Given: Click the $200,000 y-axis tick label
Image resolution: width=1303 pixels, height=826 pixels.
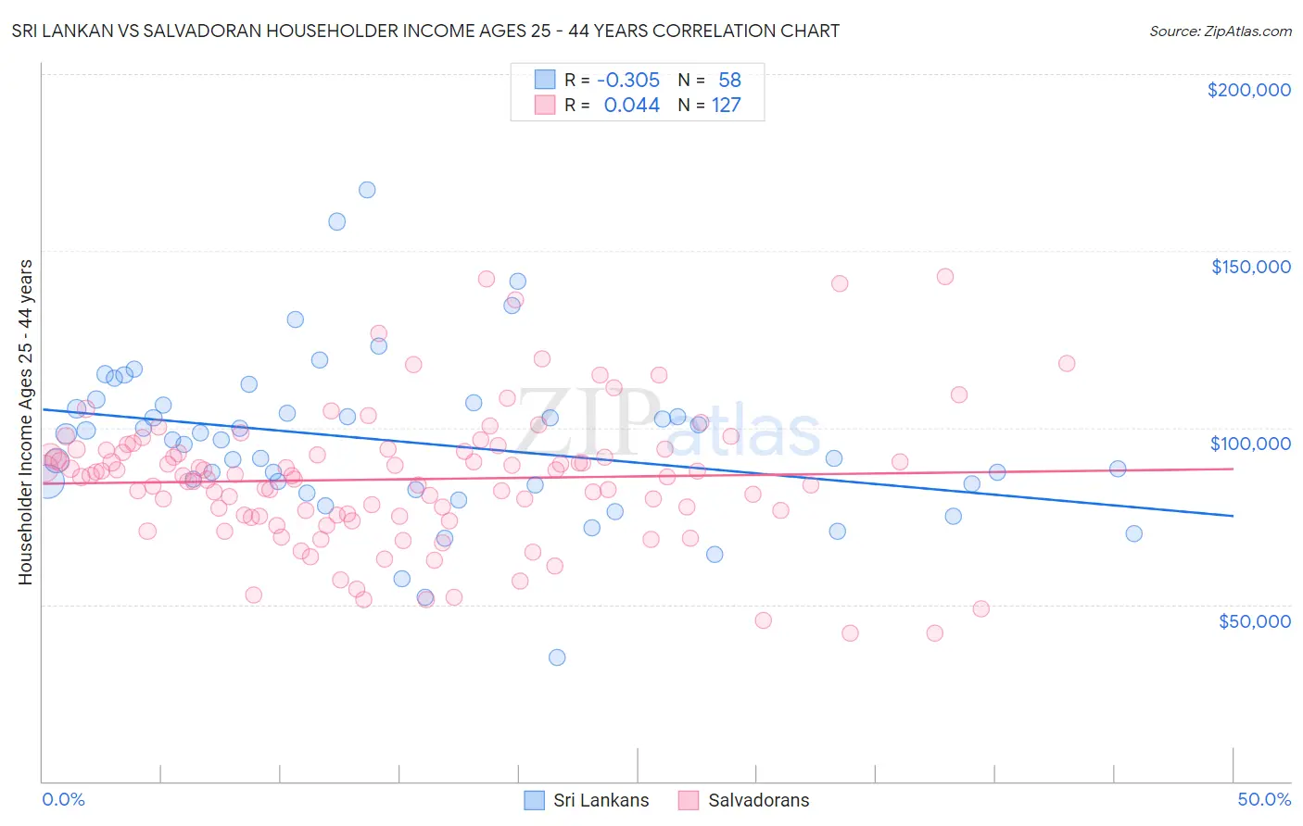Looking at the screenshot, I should [1248, 90].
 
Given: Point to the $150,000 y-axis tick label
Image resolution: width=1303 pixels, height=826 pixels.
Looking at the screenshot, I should [1250, 267].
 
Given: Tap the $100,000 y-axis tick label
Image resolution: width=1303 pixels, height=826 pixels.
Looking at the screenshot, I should [1250, 444].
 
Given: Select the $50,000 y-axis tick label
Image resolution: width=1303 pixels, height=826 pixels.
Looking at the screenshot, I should [1254, 620].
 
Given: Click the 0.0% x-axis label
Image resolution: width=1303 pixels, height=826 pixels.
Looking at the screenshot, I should [63, 799].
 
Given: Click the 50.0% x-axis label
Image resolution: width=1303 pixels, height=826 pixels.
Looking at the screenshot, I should [1264, 799].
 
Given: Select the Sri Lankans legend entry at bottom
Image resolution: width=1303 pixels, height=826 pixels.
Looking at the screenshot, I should [587, 800].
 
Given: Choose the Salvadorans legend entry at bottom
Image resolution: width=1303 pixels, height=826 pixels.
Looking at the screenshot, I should [743, 800].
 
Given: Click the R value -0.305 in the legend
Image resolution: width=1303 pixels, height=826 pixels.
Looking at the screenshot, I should [628, 81].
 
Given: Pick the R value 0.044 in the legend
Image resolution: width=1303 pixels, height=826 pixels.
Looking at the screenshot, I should [631, 106].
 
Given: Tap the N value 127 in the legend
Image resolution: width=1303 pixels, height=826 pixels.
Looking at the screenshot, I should [726, 106].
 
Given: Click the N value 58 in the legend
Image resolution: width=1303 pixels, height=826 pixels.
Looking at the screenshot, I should [729, 81].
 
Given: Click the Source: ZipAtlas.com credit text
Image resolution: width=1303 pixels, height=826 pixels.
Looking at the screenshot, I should [1220, 31].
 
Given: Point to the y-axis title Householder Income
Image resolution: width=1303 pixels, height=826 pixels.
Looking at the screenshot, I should [26, 422].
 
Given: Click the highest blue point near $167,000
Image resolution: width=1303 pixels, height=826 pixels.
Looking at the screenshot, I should [367, 190].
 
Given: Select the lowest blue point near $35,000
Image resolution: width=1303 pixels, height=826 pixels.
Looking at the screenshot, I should [557, 657].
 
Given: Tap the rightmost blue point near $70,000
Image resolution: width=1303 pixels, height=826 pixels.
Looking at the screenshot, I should [1133, 533].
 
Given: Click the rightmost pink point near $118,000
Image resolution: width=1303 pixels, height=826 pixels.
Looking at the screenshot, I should [1067, 363].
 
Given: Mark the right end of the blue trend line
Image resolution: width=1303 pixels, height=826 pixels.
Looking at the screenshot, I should [1233, 516].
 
